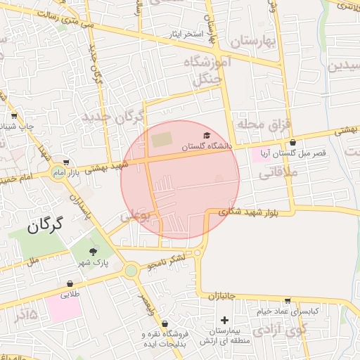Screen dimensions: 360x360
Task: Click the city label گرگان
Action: pyautogui.click(x=46, y=225)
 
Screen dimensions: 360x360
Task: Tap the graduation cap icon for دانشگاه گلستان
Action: pyautogui.click(x=207, y=136)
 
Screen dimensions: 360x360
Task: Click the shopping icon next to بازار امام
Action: pyautogui.click(x=66, y=162)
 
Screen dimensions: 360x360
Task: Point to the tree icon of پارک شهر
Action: pyautogui.click(x=94, y=251)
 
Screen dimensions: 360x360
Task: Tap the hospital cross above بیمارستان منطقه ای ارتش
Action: pyautogui.click(x=224, y=320)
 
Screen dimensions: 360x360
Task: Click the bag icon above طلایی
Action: pyautogui.click(x=70, y=283)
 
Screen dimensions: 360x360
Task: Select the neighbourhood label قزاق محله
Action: pyautogui.click(x=263, y=124)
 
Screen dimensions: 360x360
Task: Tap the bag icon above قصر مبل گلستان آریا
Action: pyautogui.click(x=292, y=143)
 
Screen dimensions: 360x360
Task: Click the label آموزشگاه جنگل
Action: pyautogui.click(x=202, y=70)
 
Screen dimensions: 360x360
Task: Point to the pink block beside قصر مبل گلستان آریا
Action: pyautogui.click(x=262, y=155)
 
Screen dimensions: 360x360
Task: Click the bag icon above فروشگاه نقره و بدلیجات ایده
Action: pyautogui.click(x=165, y=324)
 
